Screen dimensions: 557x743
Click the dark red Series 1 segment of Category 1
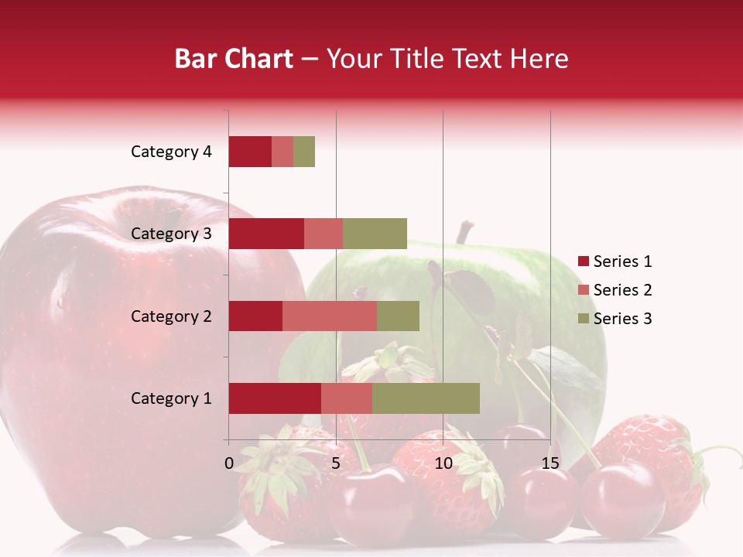(274, 398)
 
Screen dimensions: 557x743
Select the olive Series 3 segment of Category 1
(426, 398)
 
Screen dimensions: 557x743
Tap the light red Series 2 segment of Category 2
(329, 316)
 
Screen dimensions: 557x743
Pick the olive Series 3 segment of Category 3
(375, 234)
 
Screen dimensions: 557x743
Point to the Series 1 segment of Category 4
(249, 152)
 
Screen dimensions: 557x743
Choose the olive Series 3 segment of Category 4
(304, 152)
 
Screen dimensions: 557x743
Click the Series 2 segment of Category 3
(324, 234)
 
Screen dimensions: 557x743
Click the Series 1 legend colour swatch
(583, 261)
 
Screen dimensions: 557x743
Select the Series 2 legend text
(622, 290)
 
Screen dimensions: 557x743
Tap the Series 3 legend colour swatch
(583, 319)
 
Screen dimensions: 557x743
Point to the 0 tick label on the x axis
(229, 463)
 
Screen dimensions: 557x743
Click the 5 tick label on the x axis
(336, 463)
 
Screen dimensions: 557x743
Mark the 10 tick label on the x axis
(443, 463)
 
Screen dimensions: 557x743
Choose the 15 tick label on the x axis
(550, 463)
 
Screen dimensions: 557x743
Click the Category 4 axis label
(171, 152)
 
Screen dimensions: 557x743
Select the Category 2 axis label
(171, 316)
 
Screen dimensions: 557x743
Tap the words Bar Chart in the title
(234, 59)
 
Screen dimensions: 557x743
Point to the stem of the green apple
(464, 232)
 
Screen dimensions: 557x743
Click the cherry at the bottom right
(622, 499)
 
